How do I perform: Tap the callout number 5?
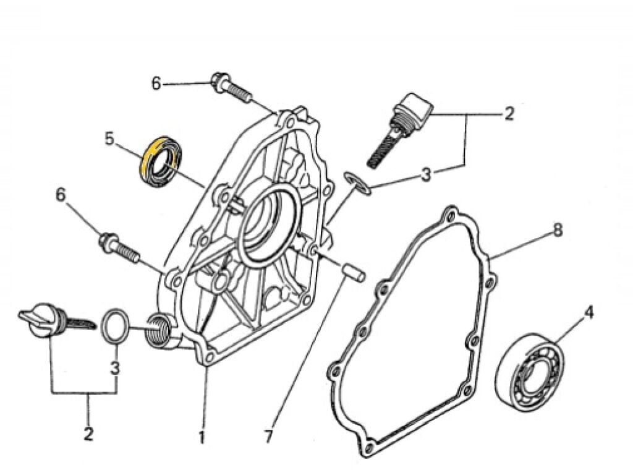109,139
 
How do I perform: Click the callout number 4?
588,313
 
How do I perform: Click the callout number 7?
268,437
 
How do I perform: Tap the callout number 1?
201,437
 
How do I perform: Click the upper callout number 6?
156,83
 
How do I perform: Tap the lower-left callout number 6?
61,195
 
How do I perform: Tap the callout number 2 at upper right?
508,114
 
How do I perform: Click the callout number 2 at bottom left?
88,434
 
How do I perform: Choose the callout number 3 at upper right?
427,175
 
